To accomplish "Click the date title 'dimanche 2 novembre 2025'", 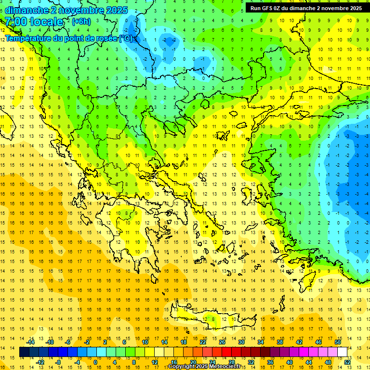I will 66,10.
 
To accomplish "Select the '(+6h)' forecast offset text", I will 80,22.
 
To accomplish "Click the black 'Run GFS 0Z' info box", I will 306,8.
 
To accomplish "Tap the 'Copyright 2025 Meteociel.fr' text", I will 205,367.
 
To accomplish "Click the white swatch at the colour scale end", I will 342,352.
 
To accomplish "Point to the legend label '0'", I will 95,362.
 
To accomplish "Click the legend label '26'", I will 223,342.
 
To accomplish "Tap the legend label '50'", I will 337,342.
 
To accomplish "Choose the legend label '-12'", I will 40,362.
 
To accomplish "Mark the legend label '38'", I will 280,342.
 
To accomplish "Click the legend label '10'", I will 145,342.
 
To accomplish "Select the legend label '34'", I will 261,342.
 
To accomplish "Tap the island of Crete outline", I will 207,318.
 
